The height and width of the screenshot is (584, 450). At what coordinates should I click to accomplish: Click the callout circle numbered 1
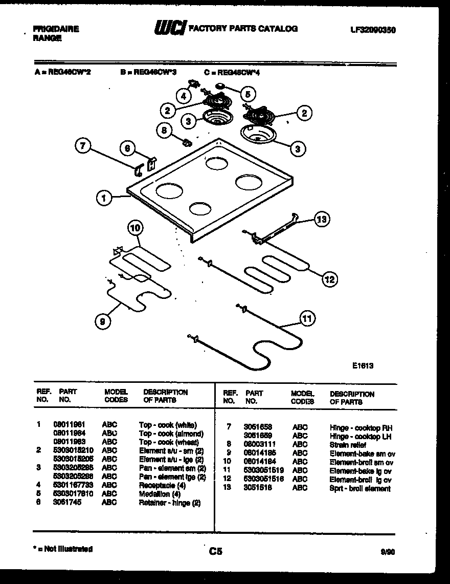[x=104, y=198]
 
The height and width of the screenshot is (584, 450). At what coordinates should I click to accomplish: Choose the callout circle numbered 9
[x=104, y=321]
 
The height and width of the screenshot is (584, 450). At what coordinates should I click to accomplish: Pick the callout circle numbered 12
[x=330, y=279]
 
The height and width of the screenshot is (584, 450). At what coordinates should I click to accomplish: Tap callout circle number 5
[x=247, y=94]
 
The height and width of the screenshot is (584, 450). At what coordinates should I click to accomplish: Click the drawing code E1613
[x=363, y=365]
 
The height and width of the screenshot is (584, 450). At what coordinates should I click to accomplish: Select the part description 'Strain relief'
[x=348, y=445]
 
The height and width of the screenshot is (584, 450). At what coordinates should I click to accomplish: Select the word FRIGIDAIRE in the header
[x=56, y=29]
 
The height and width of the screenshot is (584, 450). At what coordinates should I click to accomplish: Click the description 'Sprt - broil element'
[x=360, y=488]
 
